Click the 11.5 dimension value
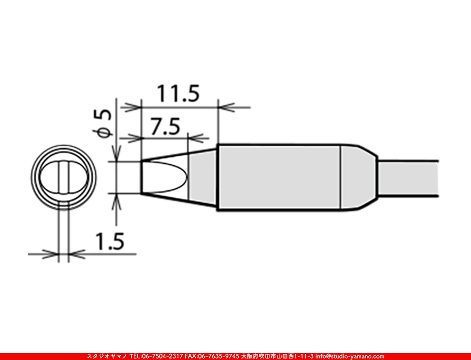click(178, 94)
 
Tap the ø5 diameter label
click(104, 123)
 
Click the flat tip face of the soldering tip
click(142, 177)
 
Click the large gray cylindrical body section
click(278, 177)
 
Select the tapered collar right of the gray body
click(358, 177)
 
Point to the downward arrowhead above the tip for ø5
click(116, 153)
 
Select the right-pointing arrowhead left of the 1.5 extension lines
click(51, 255)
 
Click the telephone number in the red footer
click(155, 356)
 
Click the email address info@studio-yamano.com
click(349, 356)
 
